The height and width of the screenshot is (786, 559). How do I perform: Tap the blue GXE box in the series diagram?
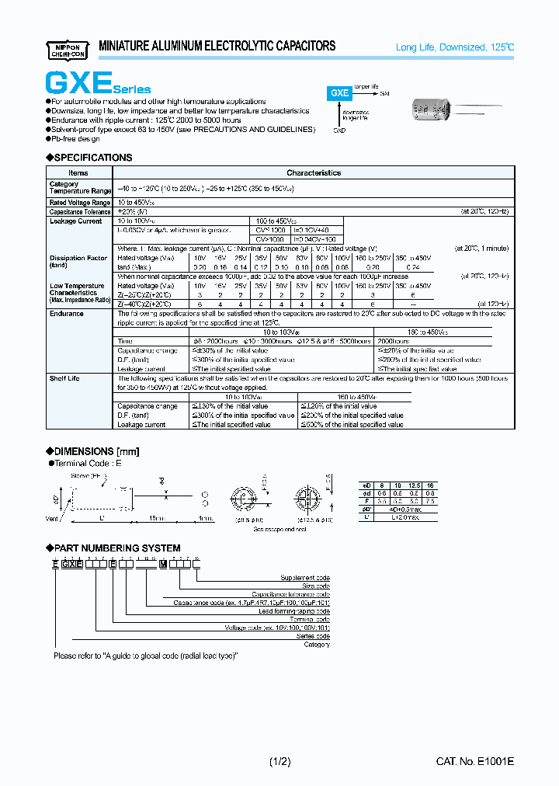pos(340,92)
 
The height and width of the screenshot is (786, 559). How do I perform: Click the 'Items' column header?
pos(78,172)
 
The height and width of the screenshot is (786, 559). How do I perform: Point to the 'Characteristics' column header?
pos(313,172)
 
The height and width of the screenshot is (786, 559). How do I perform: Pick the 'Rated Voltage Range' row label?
pos(78,202)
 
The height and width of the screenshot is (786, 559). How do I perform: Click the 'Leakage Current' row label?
pos(75,221)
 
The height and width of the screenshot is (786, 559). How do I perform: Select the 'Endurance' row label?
pos(67,314)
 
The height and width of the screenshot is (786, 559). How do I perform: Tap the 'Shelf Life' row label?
pos(65,378)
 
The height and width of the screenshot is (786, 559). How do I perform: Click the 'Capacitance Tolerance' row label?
pos(80,211)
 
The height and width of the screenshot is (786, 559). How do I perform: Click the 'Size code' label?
pos(315,586)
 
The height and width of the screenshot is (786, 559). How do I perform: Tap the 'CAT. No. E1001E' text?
pos(474,762)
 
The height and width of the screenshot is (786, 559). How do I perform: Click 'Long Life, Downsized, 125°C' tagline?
pos(455,48)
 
